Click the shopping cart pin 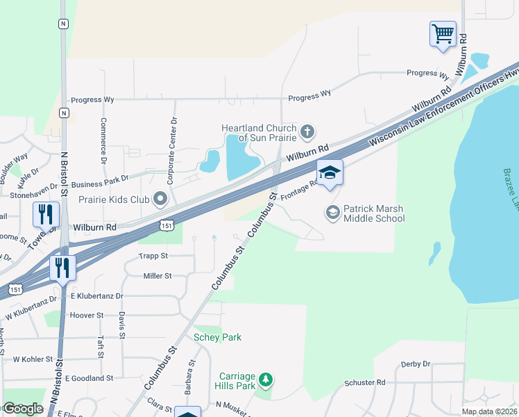(x=443, y=34)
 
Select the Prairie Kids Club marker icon (x=161, y=200)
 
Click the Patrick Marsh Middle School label (x=374, y=213)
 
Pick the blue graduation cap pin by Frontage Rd (x=330, y=174)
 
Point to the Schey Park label (x=217, y=337)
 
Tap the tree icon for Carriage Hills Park (x=266, y=379)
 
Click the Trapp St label (x=154, y=256)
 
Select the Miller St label (x=157, y=276)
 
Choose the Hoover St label (x=87, y=315)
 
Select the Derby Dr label (x=416, y=363)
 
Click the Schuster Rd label (x=364, y=382)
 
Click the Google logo (x=23, y=408)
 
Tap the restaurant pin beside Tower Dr (x=46, y=215)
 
